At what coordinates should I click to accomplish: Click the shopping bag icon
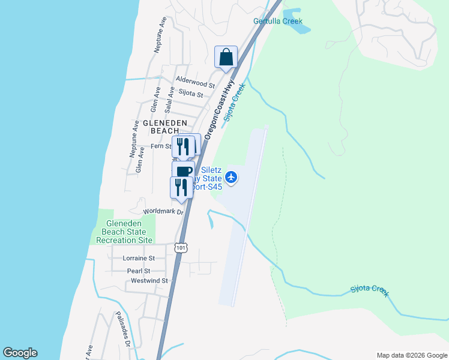point(226,58)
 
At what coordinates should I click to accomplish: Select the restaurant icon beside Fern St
point(182,146)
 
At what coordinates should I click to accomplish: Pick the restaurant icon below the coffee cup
point(181,187)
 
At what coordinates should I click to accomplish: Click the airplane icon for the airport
point(232,177)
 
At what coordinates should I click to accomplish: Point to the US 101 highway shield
point(181,247)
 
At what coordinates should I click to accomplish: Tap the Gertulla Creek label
point(278,21)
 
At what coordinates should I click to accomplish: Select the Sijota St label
point(191,94)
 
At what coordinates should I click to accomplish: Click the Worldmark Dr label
point(161,212)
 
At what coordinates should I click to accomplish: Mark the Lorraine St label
point(139,259)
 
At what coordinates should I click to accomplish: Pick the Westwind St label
point(149,280)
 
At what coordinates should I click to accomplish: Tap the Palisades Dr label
point(123,330)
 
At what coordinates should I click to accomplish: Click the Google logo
point(20,353)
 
